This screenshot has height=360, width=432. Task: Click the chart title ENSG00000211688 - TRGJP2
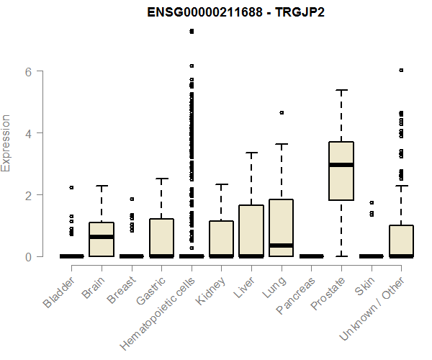[x=235, y=14]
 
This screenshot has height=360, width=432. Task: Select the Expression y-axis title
[x=7, y=143]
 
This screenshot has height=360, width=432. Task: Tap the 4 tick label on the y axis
[x=30, y=133]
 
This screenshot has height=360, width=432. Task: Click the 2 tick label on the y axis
[x=30, y=195]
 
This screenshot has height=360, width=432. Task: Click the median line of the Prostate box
[x=341, y=165]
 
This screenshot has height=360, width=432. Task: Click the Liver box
[x=251, y=230]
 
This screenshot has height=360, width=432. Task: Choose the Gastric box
[x=161, y=238]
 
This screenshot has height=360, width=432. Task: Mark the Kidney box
[x=221, y=238]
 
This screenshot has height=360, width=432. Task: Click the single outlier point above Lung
[x=282, y=112]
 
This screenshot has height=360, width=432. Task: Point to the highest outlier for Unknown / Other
[x=401, y=71]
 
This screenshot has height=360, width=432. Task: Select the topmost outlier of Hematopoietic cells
[x=192, y=31]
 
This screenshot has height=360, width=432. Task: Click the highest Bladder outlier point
[x=71, y=187]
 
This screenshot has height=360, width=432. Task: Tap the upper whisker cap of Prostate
[x=341, y=90]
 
